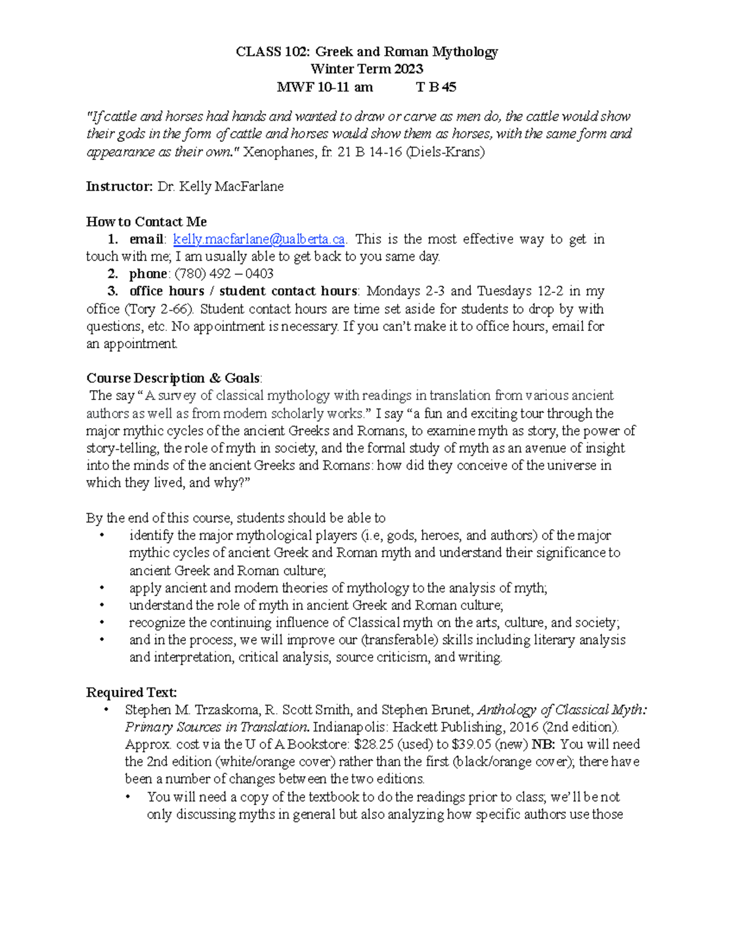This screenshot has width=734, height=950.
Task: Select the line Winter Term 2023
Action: [366, 69]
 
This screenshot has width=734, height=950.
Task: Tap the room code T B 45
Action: [436, 87]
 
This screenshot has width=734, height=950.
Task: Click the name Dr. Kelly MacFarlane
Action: [220, 187]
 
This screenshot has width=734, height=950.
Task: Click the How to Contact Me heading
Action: [146, 221]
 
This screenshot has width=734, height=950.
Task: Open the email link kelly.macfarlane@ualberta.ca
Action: [259, 239]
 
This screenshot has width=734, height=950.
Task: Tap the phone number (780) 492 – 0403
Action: [224, 274]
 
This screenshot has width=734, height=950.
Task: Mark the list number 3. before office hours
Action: [113, 291]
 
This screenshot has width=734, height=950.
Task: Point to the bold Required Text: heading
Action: [132, 692]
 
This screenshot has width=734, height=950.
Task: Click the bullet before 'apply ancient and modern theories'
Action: [102, 588]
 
